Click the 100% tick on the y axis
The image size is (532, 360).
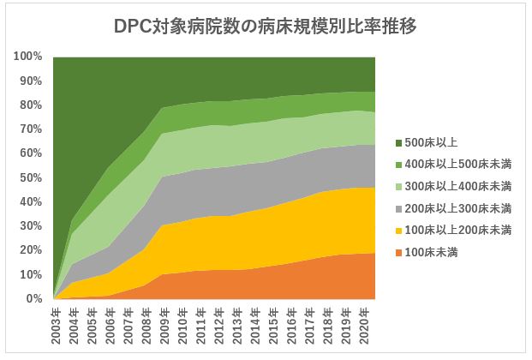pyautogui.click(x=28, y=57)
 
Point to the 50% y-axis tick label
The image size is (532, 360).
pyautogui.click(x=31, y=177)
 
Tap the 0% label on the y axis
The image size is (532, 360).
pyautogui.click(x=34, y=299)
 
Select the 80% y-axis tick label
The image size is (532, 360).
pyautogui.click(x=31, y=105)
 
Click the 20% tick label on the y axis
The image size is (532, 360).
pyautogui.click(x=31, y=250)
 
